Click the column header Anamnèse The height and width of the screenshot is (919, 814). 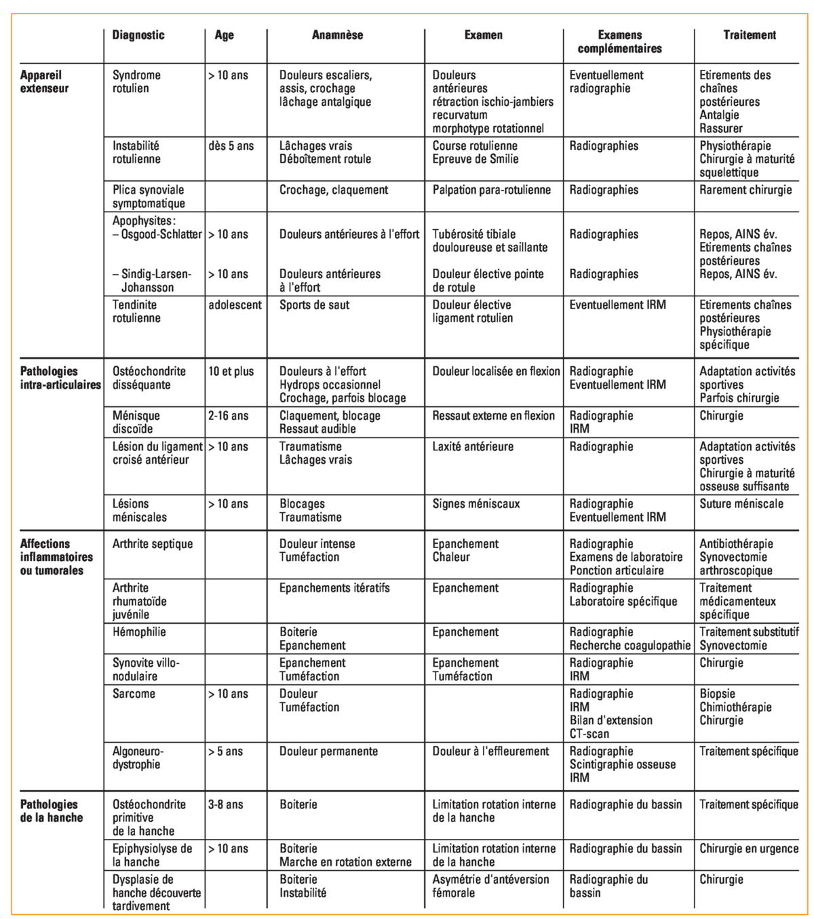[337, 35]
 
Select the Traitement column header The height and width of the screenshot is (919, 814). [750, 35]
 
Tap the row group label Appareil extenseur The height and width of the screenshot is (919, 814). [45, 81]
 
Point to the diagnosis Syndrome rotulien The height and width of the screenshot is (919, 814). [136, 81]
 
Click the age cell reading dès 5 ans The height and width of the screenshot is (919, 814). [231, 146]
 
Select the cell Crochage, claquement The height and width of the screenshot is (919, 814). [334, 190]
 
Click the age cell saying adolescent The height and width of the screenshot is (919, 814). [235, 305]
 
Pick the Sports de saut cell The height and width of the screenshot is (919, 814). [315, 305]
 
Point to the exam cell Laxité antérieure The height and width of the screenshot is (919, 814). [473, 446]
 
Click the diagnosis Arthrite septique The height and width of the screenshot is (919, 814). [153, 544]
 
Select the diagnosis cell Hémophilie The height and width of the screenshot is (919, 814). [139, 632]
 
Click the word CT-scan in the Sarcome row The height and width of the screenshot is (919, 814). [589, 733]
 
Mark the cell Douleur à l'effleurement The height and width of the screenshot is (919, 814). [491, 751]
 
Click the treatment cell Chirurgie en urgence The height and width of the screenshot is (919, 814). [749, 849]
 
